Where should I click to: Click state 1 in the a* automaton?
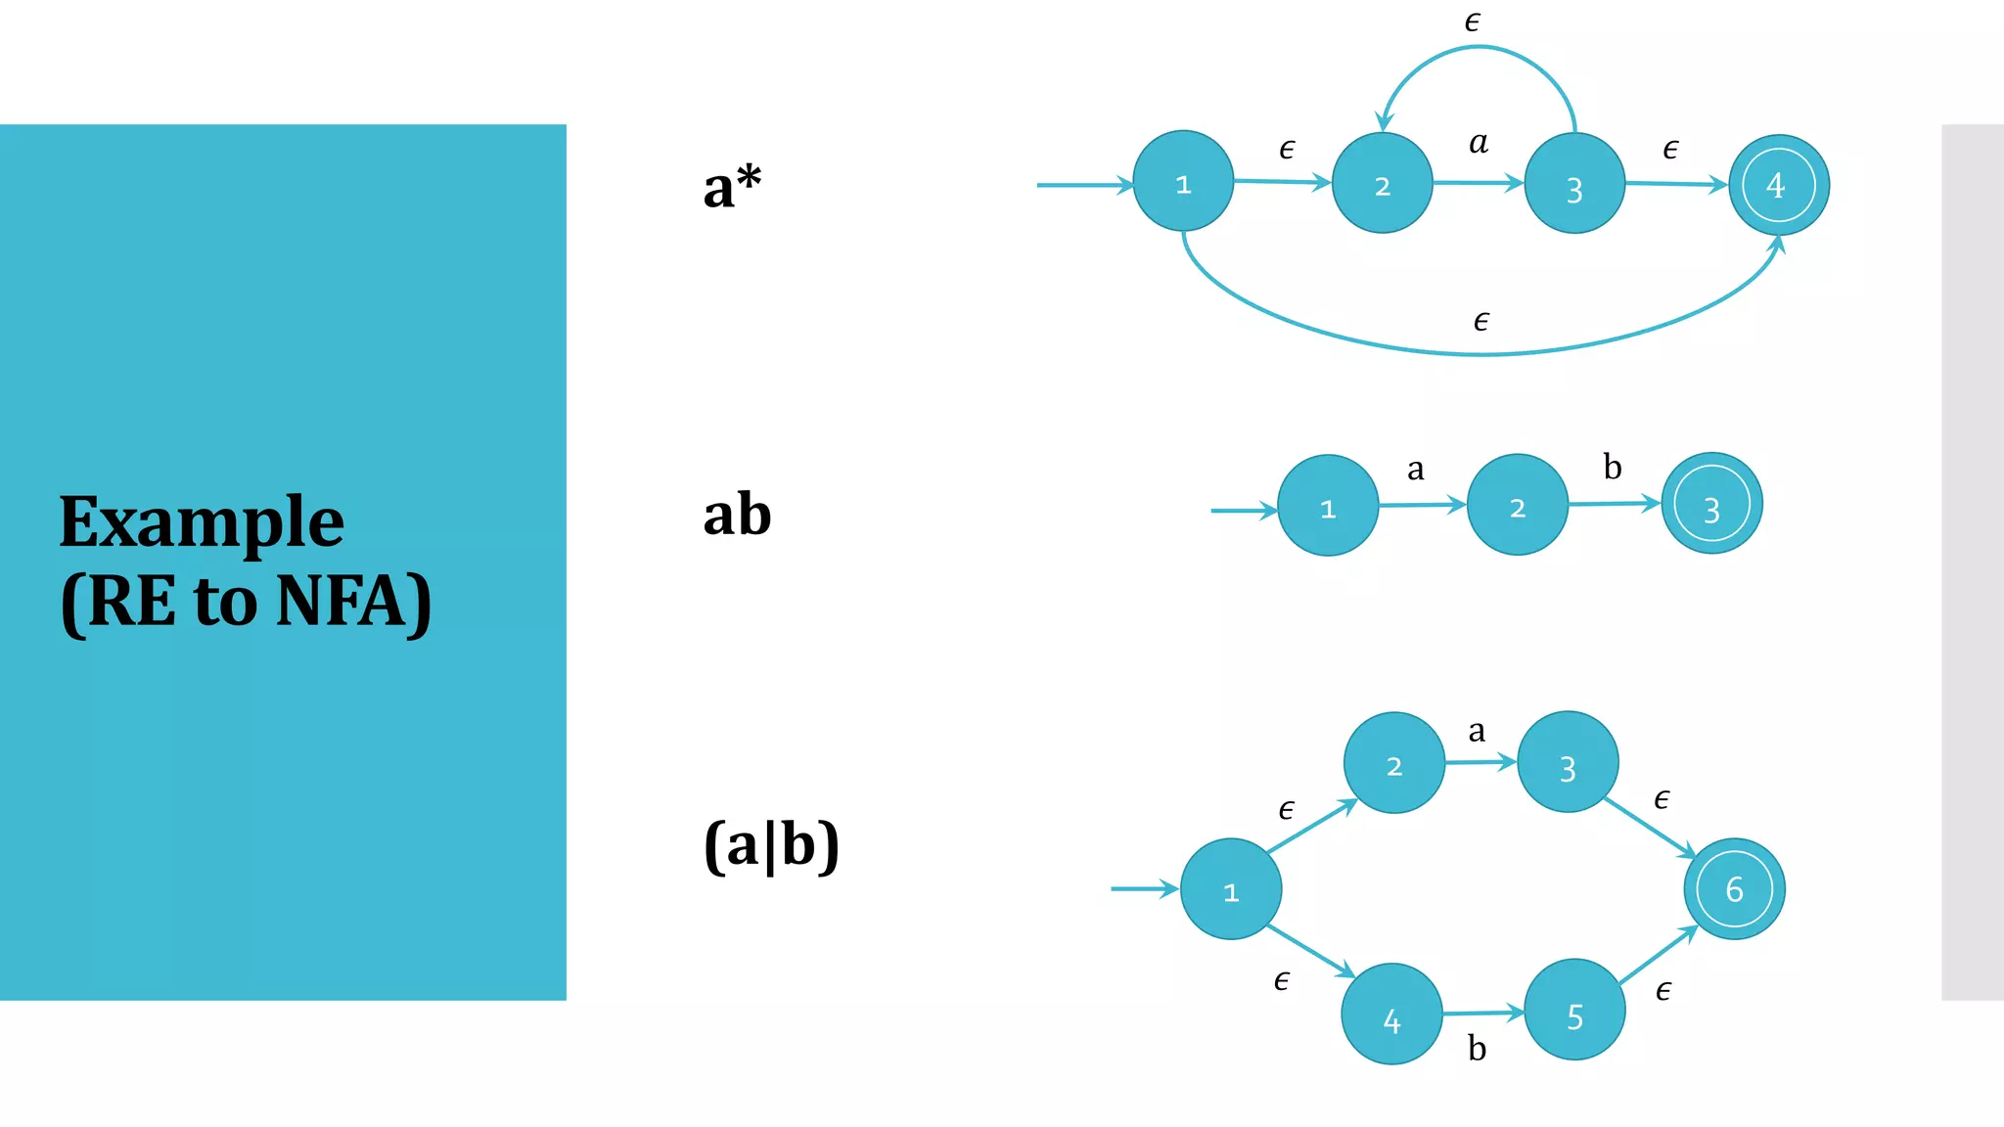(1183, 182)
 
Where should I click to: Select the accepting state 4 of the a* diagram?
(1778, 185)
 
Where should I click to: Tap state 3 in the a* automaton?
(1574, 184)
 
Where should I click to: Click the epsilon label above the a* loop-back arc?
(1473, 22)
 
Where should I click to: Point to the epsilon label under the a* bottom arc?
(1481, 321)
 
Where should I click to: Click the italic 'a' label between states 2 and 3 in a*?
(1479, 143)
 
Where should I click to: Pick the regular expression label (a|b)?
(771, 845)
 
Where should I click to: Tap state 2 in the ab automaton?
(1517, 505)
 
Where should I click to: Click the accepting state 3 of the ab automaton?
(1711, 504)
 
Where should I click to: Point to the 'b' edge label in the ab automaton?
(1613, 467)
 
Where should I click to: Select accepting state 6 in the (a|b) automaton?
(1734, 888)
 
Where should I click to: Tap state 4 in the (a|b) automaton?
(1391, 1014)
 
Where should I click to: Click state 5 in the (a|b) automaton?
(1574, 1010)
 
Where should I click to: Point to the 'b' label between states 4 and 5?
(1478, 1049)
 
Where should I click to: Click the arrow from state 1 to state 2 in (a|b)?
(1312, 827)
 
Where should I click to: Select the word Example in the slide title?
(202, 522)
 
